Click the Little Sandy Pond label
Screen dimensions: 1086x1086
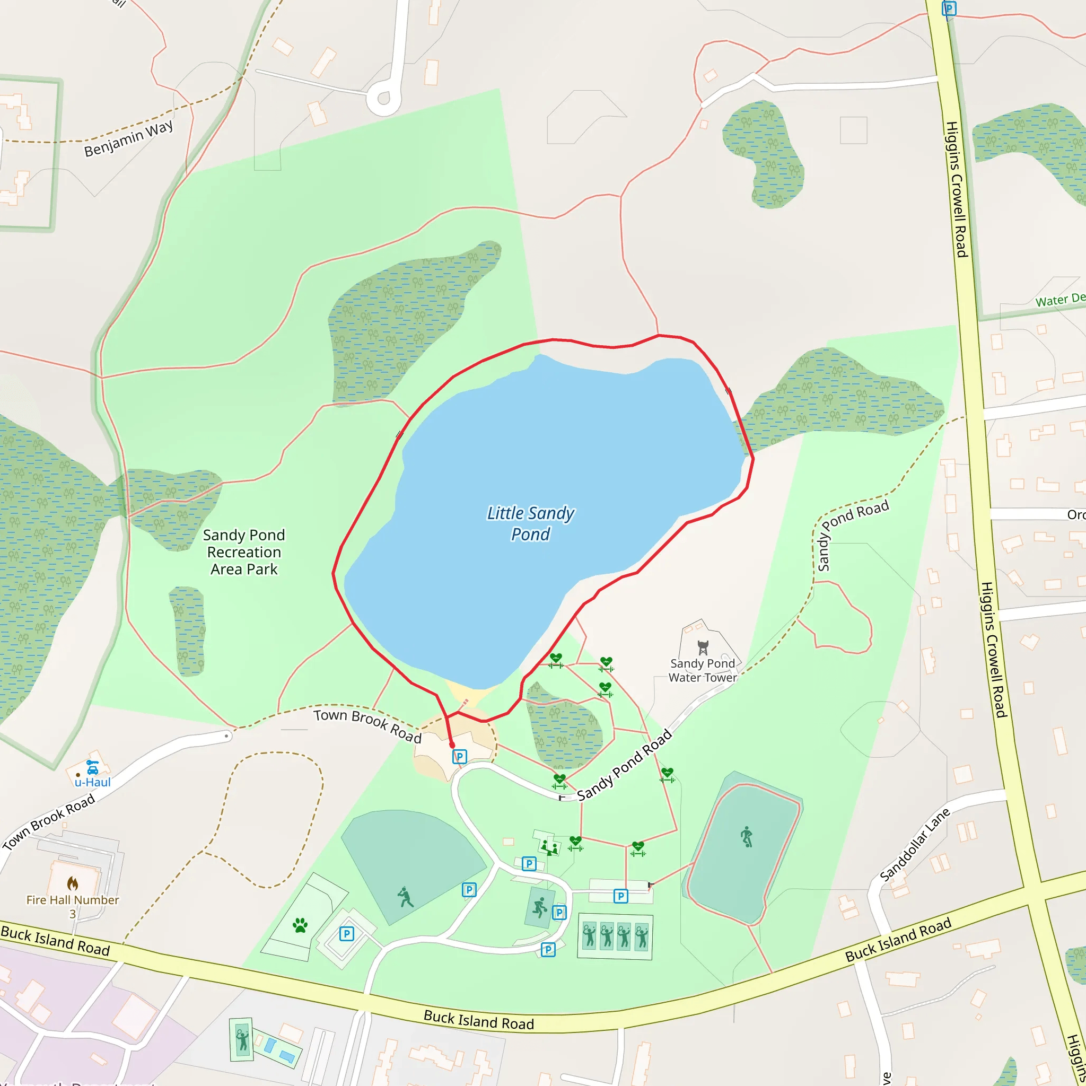[x=530, y=523]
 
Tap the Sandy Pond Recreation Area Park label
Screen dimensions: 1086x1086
[x=244, y=552]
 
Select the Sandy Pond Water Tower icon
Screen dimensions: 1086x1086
[x=703, y=647]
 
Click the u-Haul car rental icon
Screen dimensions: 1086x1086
[x=93, y=767]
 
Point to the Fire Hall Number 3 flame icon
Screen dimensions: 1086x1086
[x=73, y=883]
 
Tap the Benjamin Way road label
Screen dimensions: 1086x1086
[x=128, y=138]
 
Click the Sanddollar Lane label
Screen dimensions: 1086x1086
[x=915, y=844]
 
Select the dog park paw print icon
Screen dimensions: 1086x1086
[x=300, y=925]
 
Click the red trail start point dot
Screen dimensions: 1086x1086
[x=452, y=746]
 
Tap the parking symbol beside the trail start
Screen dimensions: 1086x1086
[x=460, y=757]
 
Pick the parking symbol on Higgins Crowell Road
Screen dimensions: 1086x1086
[x=949, y=8]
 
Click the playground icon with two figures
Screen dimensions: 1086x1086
[x=549, y=846]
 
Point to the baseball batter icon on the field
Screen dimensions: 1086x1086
[x=405, y=897]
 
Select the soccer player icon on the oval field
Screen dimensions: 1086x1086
[x=747, y=837]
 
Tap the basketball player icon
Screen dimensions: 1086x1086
[x=540, y=907]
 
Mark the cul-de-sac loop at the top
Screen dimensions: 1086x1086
[x=384, y=99]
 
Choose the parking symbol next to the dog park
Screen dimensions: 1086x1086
[x=347, y=934]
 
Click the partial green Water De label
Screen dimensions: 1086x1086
[x=1060, y=300]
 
